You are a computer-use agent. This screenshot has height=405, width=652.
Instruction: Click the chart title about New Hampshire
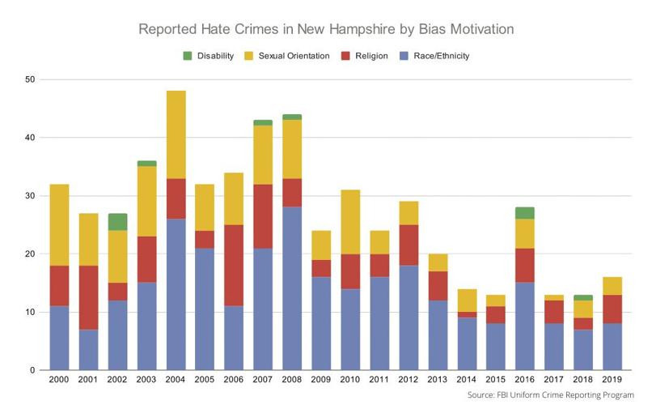326,30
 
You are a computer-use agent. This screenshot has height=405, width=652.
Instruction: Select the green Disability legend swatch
188,56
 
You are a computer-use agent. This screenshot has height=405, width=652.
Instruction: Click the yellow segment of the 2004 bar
176,134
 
